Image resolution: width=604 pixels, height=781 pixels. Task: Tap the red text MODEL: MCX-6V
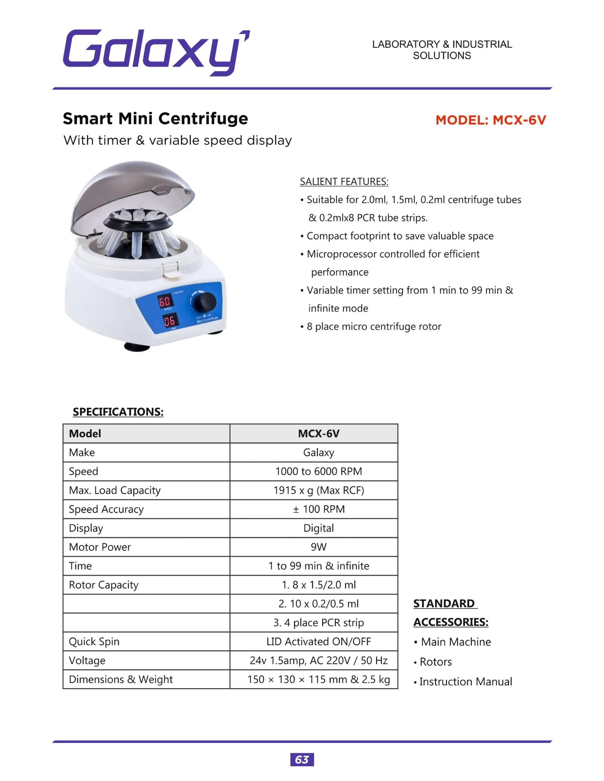(x=490, y=120)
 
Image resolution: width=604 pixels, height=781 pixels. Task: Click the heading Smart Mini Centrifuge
(x=155, y=118)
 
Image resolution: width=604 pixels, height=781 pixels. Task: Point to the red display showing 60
(x=165, y=301)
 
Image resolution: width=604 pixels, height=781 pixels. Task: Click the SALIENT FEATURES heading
(x=344, y=182)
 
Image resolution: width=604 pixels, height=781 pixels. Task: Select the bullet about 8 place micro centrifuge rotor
(x=373, y=327)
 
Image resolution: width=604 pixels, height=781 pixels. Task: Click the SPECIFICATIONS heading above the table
(x=118, y=412)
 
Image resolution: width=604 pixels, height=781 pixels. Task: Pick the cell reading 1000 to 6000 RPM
(x=318, y=471)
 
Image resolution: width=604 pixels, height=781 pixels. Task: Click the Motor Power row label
(x=100, y=547)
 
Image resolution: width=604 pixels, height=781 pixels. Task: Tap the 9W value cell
(x=318, y=547)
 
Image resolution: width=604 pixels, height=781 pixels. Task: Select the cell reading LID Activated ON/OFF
(x=318, y=641)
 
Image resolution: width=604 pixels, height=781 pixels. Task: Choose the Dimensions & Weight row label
(x=120, y=680)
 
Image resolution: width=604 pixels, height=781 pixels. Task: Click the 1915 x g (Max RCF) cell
(x=318, y=490)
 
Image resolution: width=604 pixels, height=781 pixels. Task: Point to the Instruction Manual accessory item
(x=465, y=682)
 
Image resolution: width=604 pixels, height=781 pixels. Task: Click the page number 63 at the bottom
(x=302, y=760)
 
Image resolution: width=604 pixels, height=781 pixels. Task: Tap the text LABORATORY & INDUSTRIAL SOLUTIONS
(x=442, y=50)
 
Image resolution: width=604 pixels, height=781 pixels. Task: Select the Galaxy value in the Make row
(x=318, y=453)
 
